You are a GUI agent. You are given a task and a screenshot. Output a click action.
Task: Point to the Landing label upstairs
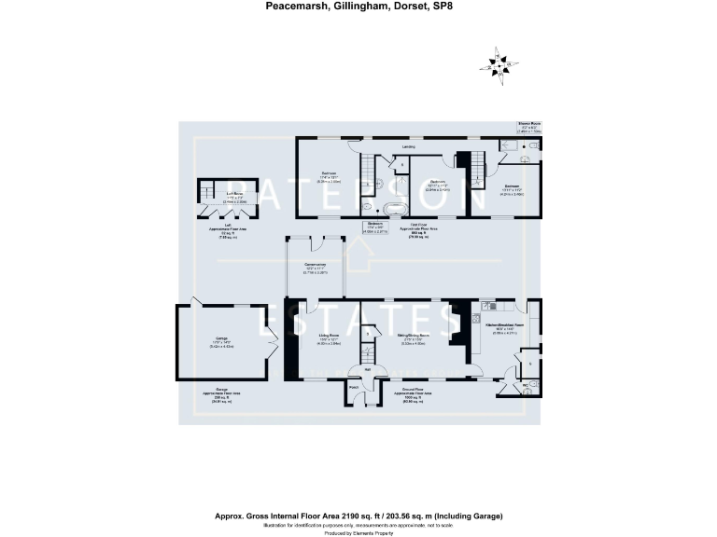408,147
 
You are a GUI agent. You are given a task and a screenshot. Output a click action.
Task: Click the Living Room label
328,335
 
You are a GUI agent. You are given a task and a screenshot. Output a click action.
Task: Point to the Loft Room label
220,194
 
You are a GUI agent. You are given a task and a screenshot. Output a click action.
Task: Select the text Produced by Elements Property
358,533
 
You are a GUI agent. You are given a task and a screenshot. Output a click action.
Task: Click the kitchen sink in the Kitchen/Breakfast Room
487,305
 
